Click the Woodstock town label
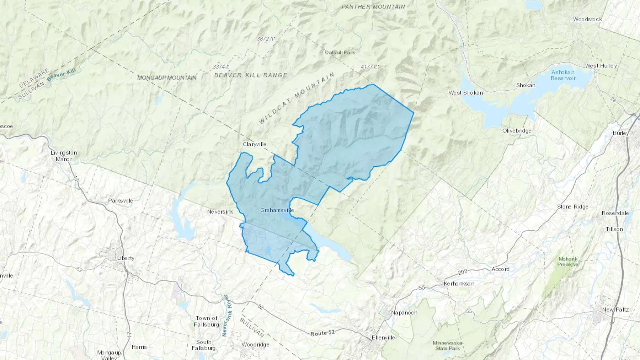click(587, 19)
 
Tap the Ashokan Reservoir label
click(563, 75)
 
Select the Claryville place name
click(254, 144)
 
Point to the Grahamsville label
click(277, 210)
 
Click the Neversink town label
click(220, 211)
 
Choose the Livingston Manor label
click(64, 156)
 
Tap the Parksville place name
click(121, 200)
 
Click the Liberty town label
click(126, 258)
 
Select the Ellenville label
click(383, 337)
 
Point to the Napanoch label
click(404, 312)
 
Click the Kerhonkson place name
click(459, 284)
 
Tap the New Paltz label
click(615, 310)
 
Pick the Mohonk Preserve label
click(568, 262)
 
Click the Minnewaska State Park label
click(447, 345)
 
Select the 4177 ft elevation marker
click(370, 66)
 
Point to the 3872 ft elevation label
click(266, 38)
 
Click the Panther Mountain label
click(373, 7)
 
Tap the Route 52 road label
click(322, 333)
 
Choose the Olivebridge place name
click(517, 130)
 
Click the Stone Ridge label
click(572, 206)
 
